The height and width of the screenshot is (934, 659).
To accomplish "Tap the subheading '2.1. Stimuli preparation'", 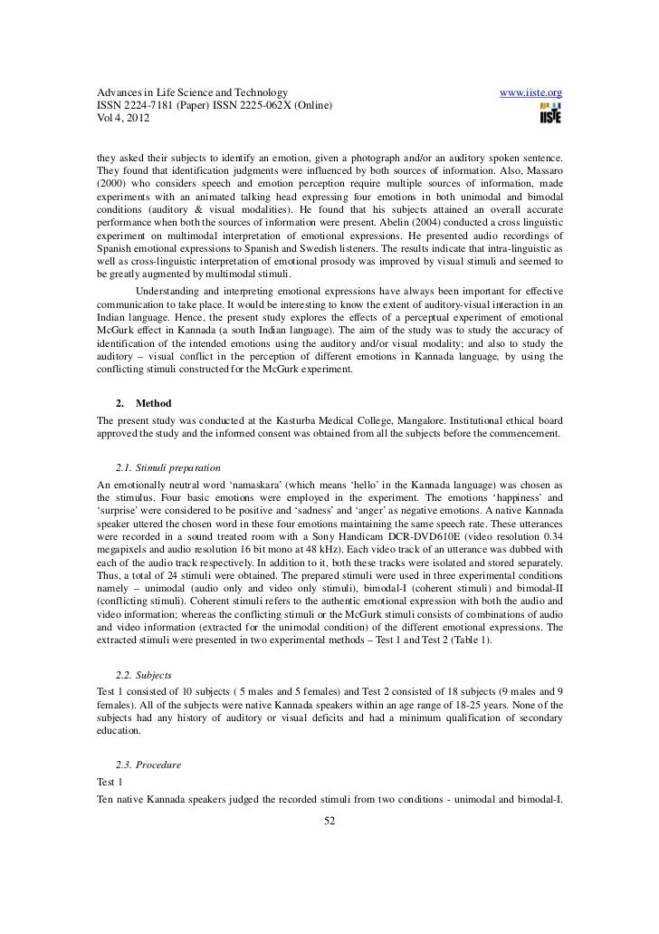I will pyautogui.click(x=168, y=467).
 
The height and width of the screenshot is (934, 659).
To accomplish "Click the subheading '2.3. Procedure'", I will pyautogui.click(x=149, y=765).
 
